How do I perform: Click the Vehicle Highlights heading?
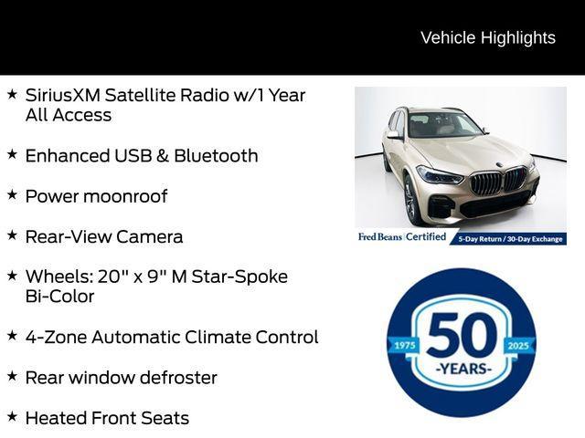point(487,37)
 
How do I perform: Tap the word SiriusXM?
point(62,95)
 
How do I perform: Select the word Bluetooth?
point(216,155)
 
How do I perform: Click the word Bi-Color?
point(59,297)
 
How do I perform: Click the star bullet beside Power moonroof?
point(12,194)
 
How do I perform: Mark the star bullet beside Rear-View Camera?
point(12,235)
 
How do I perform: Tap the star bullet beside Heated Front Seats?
point(12,416)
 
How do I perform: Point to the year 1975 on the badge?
point(404,345)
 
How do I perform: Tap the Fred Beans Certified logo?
point(402,237)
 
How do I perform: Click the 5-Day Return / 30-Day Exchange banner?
point(510,238)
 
